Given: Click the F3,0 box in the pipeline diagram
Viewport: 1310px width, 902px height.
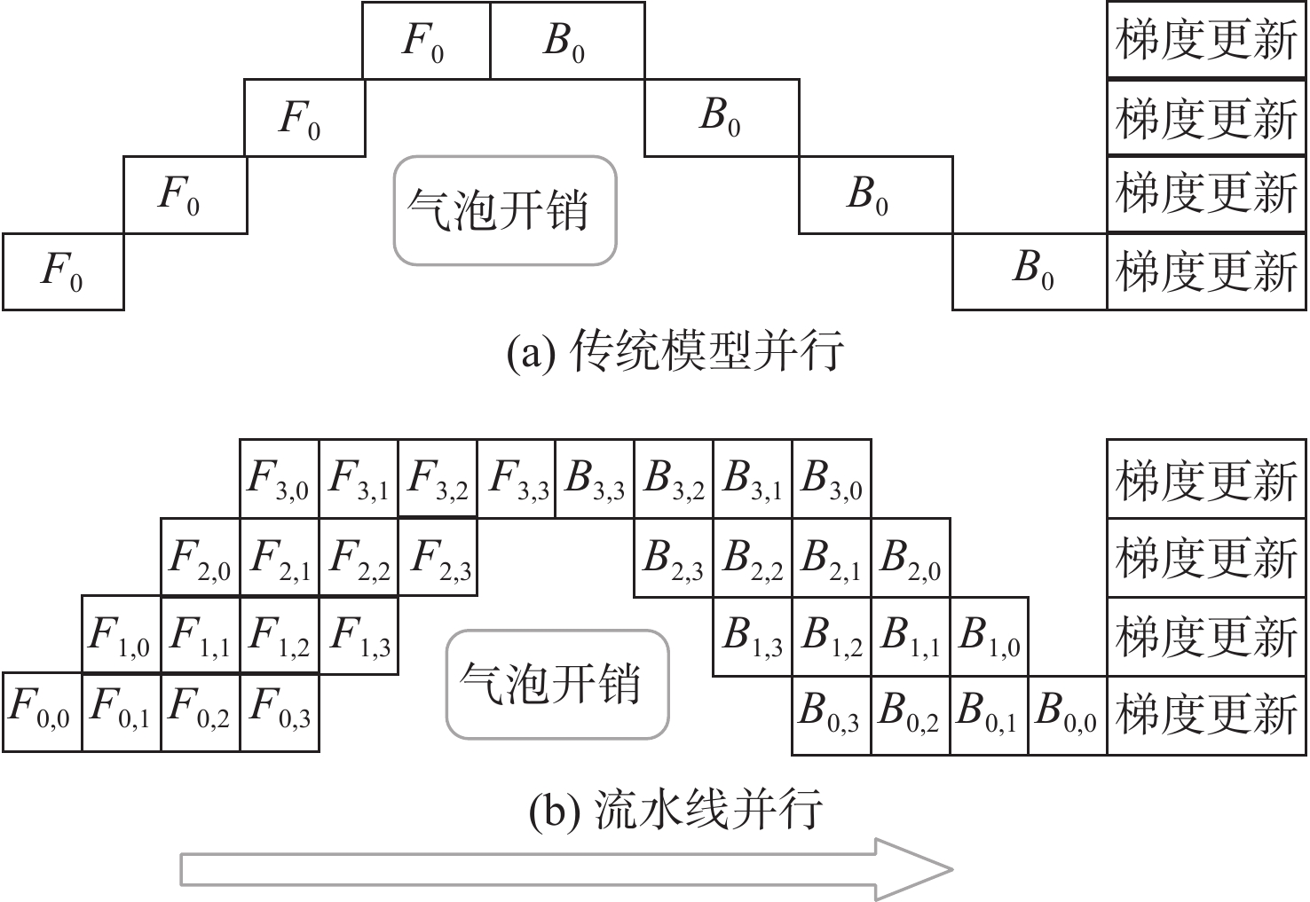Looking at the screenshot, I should click(280, 479).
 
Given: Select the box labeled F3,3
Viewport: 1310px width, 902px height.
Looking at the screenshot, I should click(517, 479).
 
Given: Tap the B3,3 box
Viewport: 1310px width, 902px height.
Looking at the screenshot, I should click(595, 479).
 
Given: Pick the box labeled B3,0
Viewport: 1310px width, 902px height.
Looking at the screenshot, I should click(832, 479).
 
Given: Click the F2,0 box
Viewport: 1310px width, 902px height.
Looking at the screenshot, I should click(201, 557).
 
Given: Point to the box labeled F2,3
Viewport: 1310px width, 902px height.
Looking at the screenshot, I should click(438, 557).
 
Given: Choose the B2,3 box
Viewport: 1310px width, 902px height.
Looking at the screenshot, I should click(674, 557).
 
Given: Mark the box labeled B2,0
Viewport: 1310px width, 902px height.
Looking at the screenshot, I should click(911, 557).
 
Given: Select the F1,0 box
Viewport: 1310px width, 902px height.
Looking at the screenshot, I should click(122, 635).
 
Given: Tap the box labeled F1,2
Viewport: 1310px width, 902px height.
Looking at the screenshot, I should click(280, 635).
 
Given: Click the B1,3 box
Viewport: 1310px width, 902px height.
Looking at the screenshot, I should click(753, 635).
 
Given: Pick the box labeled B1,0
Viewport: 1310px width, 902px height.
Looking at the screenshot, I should click(990, 635).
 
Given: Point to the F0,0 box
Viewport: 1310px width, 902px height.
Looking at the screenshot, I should click(42, 712).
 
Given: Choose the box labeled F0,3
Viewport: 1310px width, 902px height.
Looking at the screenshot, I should click(280, 712).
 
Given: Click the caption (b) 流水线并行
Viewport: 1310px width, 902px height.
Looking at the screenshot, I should click(675, 809).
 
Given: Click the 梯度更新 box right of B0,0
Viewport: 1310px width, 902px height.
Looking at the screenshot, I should click(1207, 714).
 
